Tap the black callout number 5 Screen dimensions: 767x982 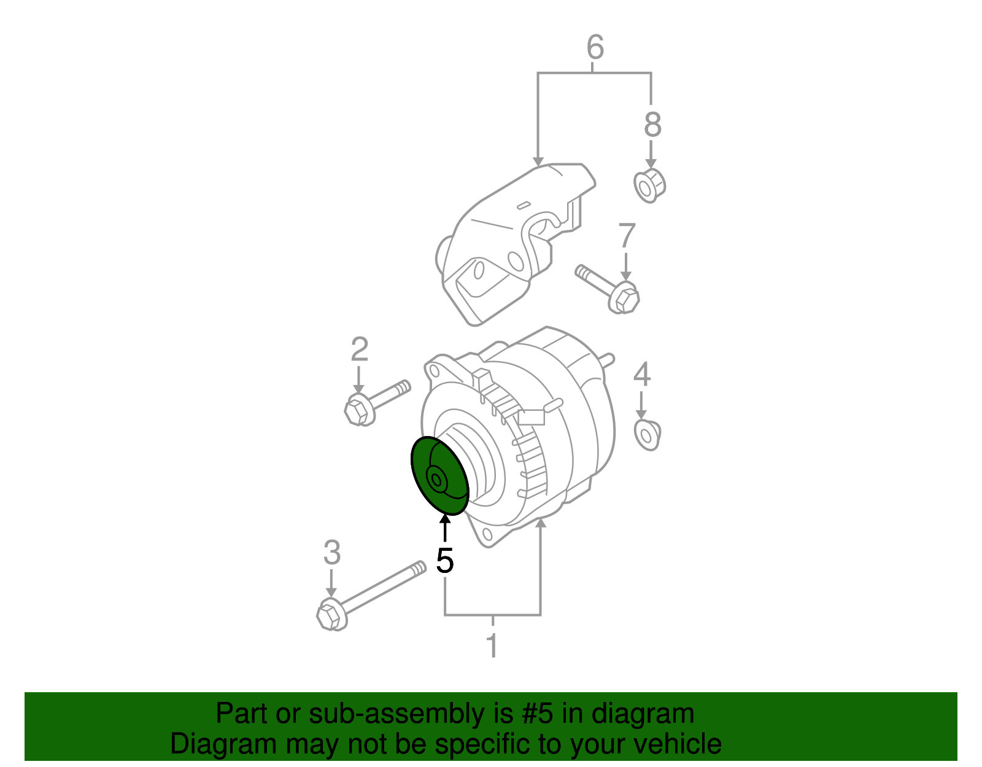445,560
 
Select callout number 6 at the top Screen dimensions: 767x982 595,47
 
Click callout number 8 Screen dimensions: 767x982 652,125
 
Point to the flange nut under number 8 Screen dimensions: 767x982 649,185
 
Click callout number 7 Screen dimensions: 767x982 627,236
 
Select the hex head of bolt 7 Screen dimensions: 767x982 625,299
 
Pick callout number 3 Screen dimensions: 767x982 331,553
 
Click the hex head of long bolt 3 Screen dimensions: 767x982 329,615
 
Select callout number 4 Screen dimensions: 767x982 642,375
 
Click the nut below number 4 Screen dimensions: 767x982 647,435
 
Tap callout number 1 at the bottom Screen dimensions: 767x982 492,646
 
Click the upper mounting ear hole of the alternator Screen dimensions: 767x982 437,370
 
